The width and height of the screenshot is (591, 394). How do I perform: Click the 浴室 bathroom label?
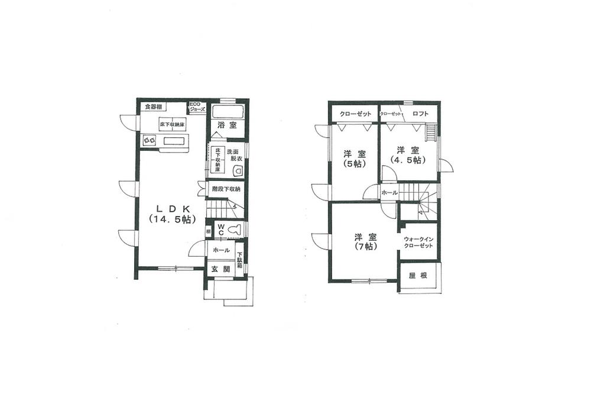pos(226,125)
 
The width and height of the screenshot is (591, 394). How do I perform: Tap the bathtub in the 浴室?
pos(227,112)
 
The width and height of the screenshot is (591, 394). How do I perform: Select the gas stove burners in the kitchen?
pos(148,141)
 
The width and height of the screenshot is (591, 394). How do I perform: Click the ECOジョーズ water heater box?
pos(197,108)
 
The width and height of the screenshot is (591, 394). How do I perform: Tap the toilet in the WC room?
pos(235,228)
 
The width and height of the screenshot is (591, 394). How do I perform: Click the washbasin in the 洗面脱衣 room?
pos(238,171)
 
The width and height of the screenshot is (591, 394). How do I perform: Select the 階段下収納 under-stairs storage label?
pos(226,189)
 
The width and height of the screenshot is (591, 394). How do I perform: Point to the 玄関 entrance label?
pos(220,269)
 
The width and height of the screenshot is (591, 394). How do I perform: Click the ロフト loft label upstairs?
pos(421,113)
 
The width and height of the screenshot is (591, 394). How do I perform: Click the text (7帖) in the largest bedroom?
pos(366,247)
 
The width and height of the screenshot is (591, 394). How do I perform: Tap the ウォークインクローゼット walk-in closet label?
pos(419,242)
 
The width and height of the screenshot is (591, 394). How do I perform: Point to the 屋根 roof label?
pos(418,276)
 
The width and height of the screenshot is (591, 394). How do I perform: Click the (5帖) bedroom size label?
pos(354,164)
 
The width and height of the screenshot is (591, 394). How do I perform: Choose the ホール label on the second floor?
pos(389,193)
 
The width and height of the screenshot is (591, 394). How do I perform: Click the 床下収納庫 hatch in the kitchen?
pos(172,125)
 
